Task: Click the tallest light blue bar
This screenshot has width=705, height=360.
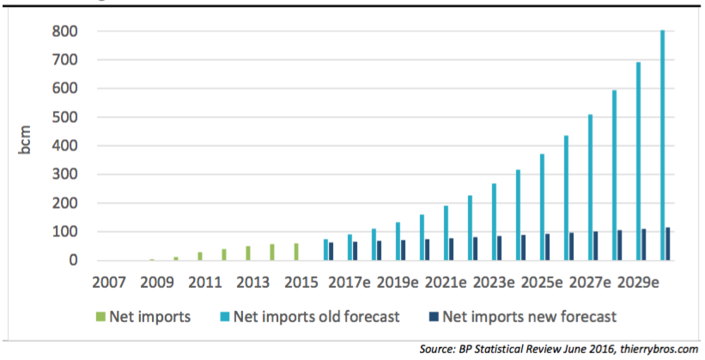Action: [x=662, y=146]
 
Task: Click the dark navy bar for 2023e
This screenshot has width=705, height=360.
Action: [x=500, y=248]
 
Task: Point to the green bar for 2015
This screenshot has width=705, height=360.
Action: [x=296, y=252]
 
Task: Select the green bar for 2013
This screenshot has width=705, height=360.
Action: [x=248, y=253]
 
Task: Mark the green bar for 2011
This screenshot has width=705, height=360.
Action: [x=200, y=256]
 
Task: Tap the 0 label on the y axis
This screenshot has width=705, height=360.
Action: [x=74, y=260]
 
